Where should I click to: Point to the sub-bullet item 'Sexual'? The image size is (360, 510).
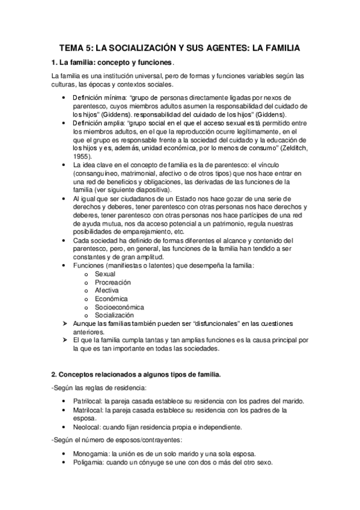click(105, 274)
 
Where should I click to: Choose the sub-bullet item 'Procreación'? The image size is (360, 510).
click(112, 282)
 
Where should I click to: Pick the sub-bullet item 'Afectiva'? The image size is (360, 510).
click(107, 290)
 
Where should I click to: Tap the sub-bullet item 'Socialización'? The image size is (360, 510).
click(114, 315)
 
